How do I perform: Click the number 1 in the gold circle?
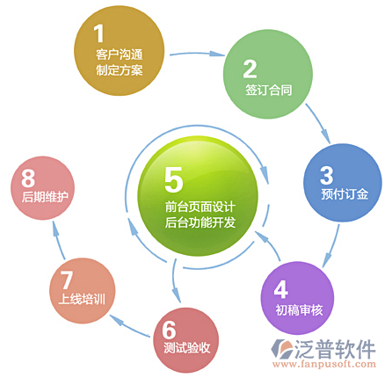coord(99,33)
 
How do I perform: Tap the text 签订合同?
coord(269,90)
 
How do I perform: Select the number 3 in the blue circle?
coord(327,175)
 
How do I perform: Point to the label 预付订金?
coord(345,194)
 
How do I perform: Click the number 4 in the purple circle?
coord(281,289)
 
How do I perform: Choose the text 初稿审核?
coord(299,309)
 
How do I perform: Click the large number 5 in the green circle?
coord(173,179)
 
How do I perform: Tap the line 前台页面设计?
coord(200,207)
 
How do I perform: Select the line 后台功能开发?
coord(200,222)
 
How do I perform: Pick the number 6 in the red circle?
coord(169,330)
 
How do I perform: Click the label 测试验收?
coord(187,348)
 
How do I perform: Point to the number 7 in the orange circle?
coord(67,280)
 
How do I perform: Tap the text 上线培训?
coord(82,300)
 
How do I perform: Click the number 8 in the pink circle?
coord(28,178)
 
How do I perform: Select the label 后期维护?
coord(45,197)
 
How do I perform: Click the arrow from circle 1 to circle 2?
coord(197,54)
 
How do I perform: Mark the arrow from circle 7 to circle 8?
coord(58,240)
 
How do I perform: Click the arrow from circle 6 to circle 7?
coord(129,324)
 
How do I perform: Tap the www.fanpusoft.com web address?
coord(324,364)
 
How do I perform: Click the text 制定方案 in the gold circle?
coord(120,70)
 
